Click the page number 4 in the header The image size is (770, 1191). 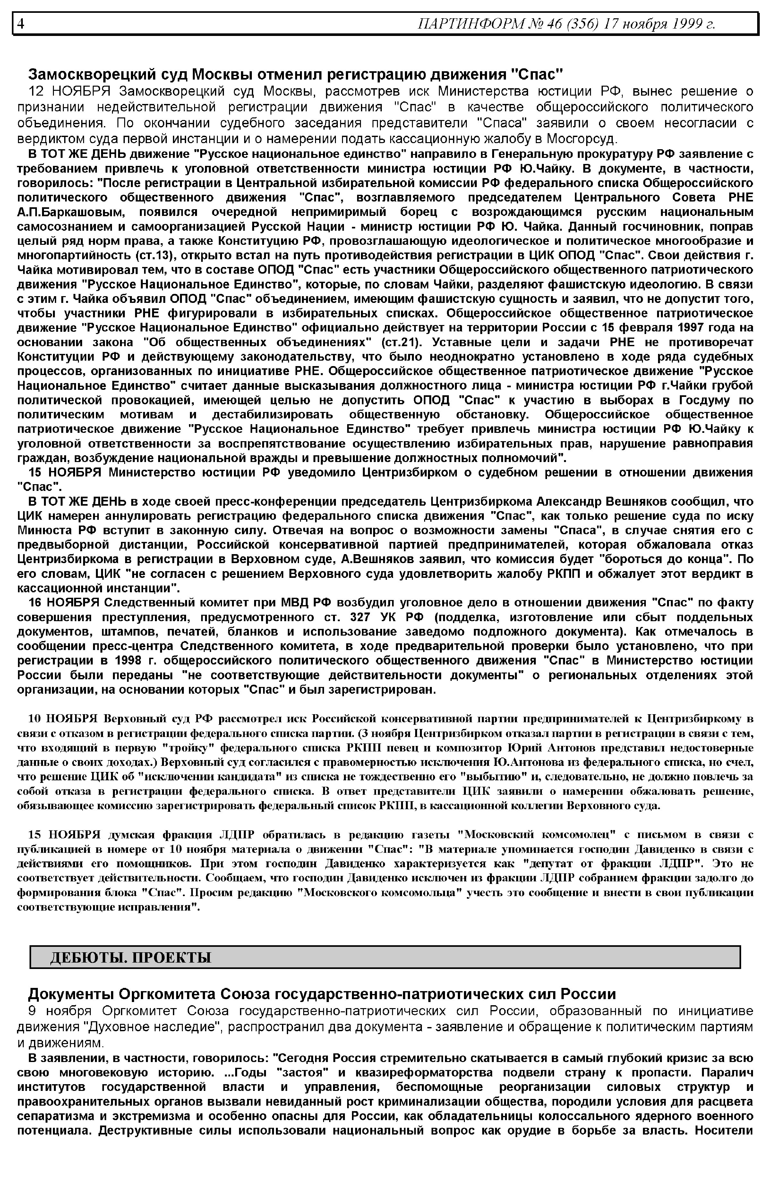pos(21,23)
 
